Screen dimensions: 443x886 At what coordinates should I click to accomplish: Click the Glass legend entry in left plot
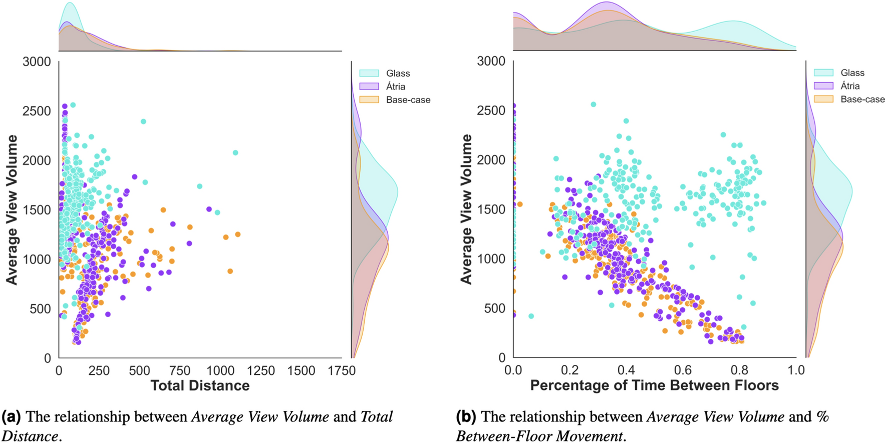click(397, 73)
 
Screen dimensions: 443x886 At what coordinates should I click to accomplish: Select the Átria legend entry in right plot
click(849, 86)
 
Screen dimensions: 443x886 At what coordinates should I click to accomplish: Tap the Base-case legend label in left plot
click(408, 100)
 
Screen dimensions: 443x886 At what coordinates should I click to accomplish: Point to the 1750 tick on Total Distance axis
click(342, 371)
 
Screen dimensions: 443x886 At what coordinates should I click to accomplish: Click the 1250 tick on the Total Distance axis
click(261, 371)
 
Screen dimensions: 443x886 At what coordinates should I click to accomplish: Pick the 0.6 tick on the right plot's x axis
click(683, 370)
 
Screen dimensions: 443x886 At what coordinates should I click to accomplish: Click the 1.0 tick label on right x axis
click(795, 370)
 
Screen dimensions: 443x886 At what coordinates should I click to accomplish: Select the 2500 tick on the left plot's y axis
click(37, 111)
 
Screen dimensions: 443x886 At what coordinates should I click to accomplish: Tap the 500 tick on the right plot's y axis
click(495, 308)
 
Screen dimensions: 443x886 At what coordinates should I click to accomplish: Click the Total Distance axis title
click(200, 386)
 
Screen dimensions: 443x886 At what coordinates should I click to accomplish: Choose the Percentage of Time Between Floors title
click(654, 385)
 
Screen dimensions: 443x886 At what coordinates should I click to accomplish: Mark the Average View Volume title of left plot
click(12, 209)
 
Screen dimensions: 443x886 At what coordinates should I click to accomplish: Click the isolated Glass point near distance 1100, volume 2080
click(235, 153)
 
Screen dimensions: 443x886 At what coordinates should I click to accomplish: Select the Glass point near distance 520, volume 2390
click(143, 122)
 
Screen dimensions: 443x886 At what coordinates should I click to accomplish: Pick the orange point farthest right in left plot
click(238, 235)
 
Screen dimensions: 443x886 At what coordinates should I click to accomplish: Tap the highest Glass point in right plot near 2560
click(594, 105)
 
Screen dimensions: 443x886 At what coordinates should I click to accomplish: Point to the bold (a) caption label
click(11, 417)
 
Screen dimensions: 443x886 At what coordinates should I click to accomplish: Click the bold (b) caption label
click(466, 417)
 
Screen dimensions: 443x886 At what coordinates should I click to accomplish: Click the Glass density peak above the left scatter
click(70, 4)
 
